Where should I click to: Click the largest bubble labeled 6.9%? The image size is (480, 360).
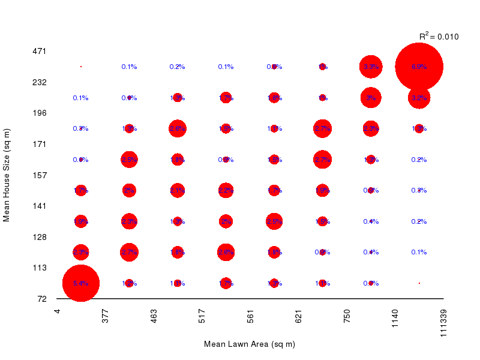[419, 67]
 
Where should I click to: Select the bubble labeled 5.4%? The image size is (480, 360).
[81, 283]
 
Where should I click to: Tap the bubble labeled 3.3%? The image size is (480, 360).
[371, 67]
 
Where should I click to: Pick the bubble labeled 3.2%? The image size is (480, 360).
[419, 98]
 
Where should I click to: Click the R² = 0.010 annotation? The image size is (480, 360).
[439, 37]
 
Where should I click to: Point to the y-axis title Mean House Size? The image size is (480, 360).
[7, 175]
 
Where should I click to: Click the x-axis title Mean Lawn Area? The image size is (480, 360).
[250, 344]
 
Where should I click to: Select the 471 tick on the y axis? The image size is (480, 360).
[39, 51]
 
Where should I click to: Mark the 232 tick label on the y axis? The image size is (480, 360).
[39, 82]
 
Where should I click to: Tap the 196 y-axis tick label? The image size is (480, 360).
[39, 113]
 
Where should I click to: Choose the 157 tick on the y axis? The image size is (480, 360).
[39, 175]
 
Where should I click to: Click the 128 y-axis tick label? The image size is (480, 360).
[39, 237]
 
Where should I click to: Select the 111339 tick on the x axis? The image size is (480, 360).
[443, 324]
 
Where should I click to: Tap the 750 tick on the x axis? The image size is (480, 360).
[347, 316]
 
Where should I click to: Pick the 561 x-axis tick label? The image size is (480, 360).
[250, 316]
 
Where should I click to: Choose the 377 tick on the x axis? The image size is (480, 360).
[106, 316]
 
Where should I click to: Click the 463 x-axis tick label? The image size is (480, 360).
[154, 316]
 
